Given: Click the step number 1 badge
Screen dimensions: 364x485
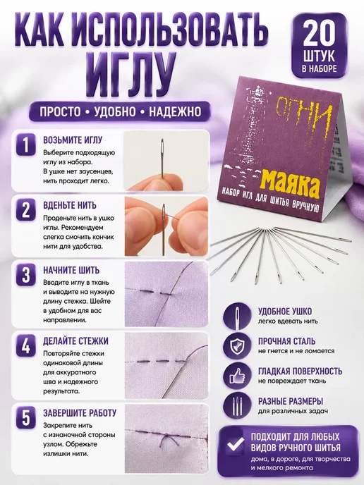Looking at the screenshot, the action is click(x=25, y=145).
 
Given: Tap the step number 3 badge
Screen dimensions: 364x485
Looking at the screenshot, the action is click(x=25, y=275).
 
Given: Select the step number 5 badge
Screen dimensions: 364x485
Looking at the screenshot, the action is click(x=25, y=418).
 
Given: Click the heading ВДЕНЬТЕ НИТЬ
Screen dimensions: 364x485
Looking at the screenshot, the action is click(x=70, y=205).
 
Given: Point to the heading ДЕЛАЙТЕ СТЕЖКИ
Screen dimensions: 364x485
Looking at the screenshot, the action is click(x=76, y=341).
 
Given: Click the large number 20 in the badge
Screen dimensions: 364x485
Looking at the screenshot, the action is click(x=319, y=35).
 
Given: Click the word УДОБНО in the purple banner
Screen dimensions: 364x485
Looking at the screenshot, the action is click(x=115, y=111).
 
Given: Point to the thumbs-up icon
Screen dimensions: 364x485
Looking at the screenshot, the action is click(x=237, y=376).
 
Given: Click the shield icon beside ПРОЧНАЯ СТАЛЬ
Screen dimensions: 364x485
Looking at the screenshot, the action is click(x=237, y=346).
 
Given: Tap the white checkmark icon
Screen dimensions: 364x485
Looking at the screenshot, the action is click(x=236, y=446).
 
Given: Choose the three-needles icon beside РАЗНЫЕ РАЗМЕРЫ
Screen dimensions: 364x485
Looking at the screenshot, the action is click(x=237, y=407).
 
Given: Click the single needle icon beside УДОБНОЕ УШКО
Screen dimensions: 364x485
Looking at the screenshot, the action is click(x=238, y=316).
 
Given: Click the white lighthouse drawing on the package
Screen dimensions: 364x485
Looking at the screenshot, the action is click(x=255, y=124).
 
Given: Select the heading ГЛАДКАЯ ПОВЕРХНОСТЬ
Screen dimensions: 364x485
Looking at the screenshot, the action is click(x=301, y=371).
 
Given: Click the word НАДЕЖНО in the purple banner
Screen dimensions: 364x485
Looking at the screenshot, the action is click(x=175, y=111).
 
